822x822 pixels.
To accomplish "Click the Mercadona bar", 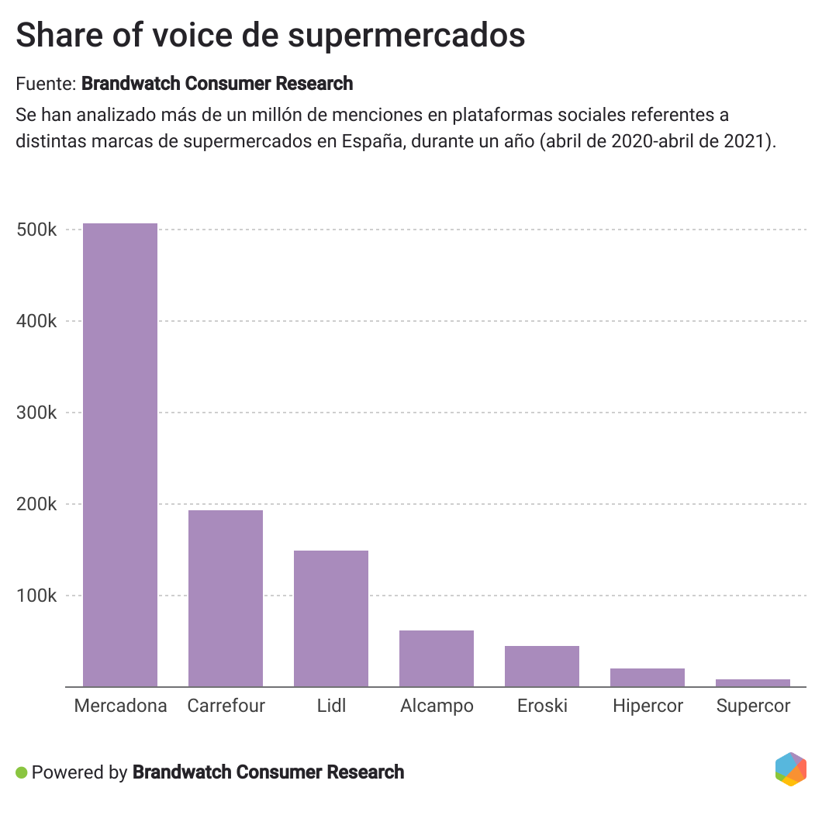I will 120,454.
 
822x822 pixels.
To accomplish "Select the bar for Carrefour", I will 226,598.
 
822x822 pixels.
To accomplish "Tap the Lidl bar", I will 331,618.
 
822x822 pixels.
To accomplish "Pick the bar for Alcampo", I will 437,658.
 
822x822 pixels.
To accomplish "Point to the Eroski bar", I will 542,666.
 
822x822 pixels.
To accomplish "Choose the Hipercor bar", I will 648,677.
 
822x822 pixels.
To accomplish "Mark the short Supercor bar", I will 753,682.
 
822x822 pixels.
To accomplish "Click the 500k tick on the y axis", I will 36,230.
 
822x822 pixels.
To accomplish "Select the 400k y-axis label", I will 36,321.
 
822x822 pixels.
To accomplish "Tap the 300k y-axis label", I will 36,413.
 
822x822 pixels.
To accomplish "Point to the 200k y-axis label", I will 36,504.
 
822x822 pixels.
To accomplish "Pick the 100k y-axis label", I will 36,596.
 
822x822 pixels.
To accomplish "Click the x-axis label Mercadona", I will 120,706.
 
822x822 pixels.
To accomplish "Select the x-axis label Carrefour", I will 226,706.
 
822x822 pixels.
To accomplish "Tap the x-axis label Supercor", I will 753,706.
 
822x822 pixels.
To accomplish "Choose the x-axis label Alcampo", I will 437,706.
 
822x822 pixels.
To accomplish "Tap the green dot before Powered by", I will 22,772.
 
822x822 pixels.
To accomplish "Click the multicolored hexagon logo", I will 790,769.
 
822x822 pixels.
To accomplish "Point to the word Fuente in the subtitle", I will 44,83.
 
